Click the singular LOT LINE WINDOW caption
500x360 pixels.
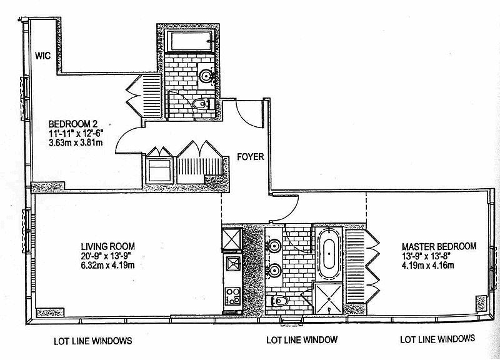302,341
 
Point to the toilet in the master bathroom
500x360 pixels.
277,301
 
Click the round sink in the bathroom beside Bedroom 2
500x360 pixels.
206,76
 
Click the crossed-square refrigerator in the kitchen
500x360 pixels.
232,238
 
